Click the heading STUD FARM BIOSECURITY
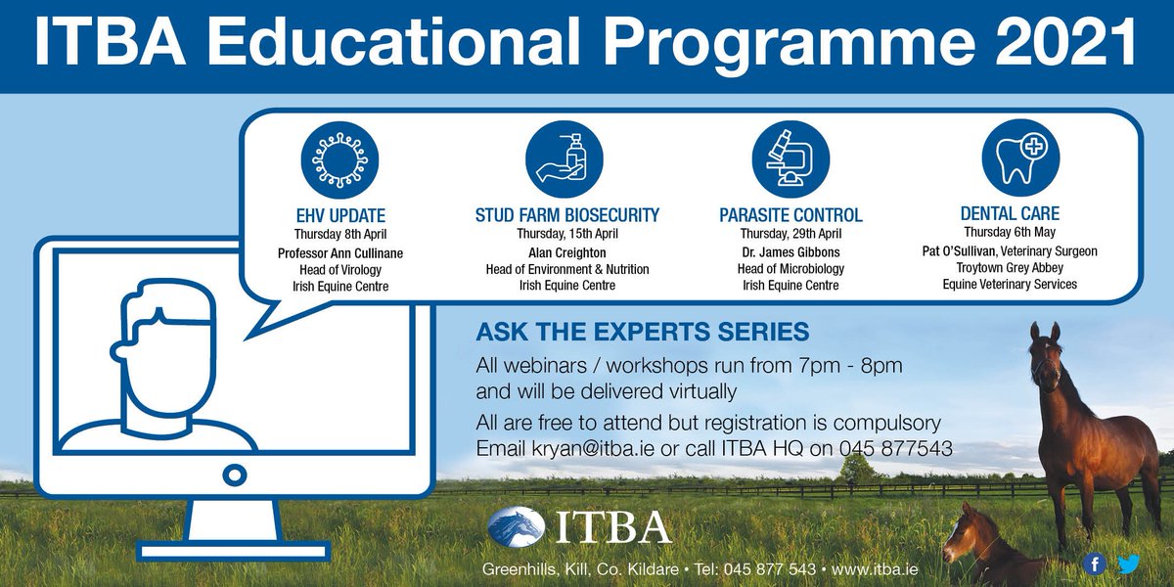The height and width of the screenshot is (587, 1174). point(566,214)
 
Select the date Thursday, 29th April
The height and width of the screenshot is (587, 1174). point(790,234)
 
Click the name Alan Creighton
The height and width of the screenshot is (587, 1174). point(566,252)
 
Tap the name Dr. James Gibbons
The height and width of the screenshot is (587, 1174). point(790,252)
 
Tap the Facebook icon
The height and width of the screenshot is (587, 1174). point(1096,564)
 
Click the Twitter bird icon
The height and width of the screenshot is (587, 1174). point(1128,564)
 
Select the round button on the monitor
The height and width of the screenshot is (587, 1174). point(233,475)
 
